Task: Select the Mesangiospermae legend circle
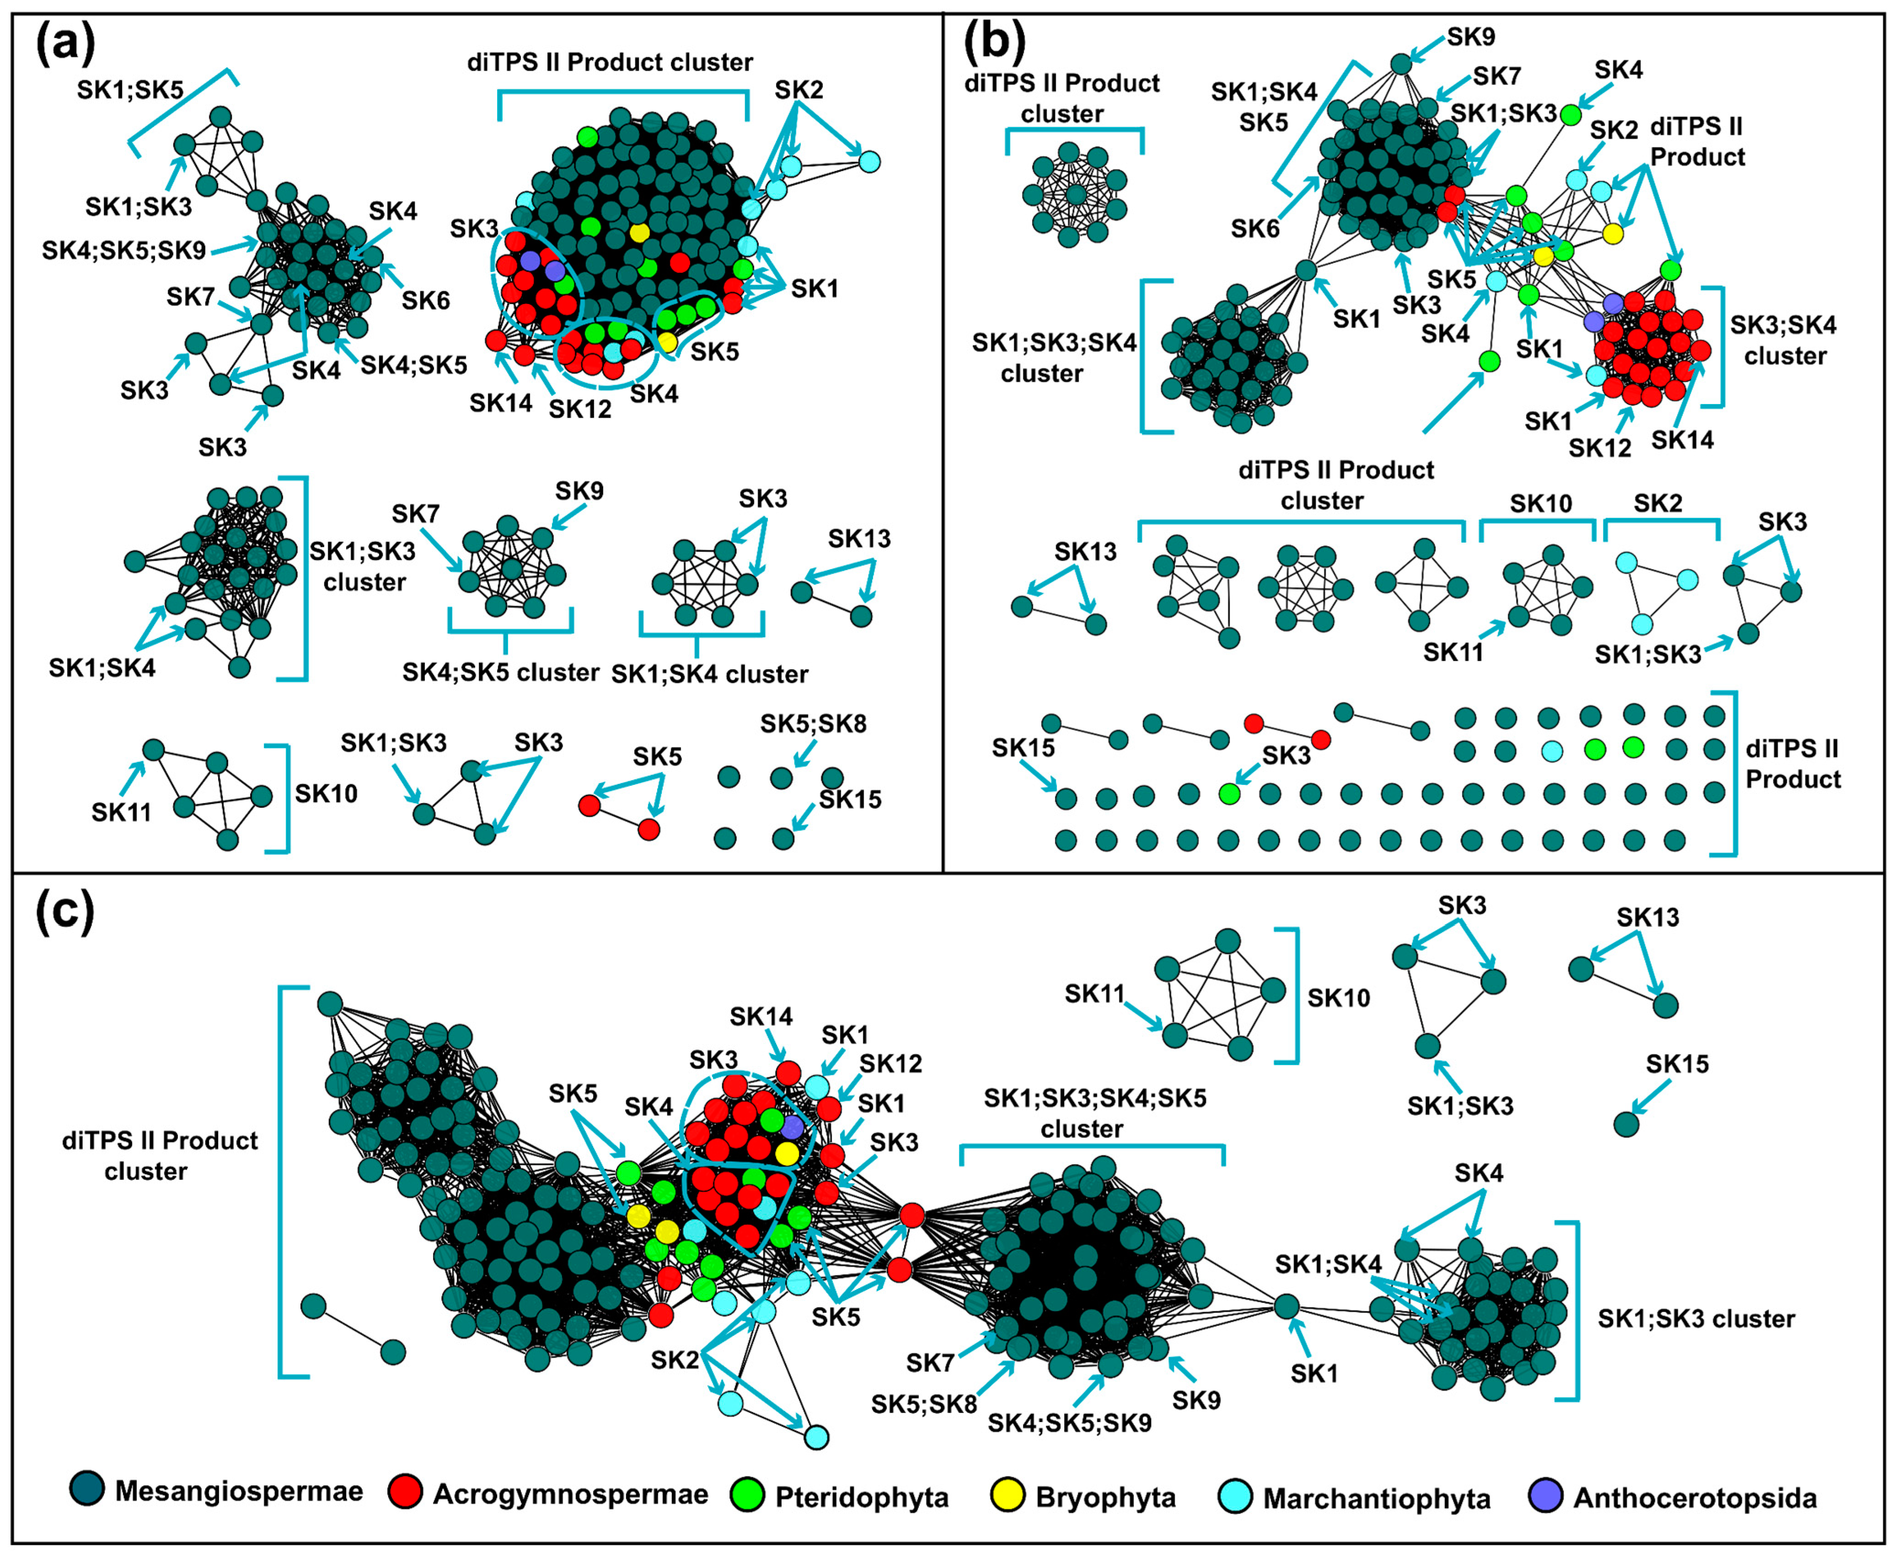[x=87, y=1489]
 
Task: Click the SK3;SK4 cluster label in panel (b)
[x=1784, y=341]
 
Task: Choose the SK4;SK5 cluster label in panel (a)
[x=500, y=672]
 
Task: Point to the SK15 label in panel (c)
[x=1676, y=1064]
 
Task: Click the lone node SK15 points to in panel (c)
[x=1626, y=1124]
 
